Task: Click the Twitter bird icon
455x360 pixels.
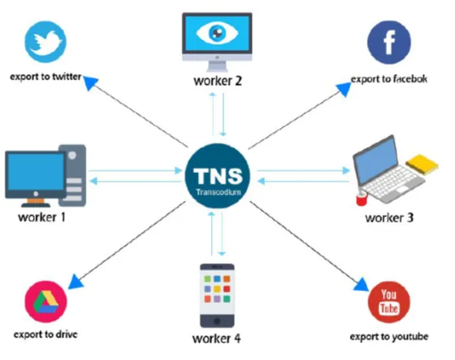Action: click(46, 42)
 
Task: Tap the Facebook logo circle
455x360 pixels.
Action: click(389, 42)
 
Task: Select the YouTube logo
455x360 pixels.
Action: click(389, 302)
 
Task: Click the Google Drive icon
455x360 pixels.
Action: click(46, 301)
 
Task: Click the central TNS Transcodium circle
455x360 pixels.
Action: click(218, 176)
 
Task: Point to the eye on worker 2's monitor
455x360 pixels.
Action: click(217, 32)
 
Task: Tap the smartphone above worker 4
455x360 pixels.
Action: click(217, 296)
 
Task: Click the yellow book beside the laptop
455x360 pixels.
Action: click(423, 165)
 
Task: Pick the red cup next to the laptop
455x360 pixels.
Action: click(362, 199)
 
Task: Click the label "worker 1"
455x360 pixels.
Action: click(42, 217)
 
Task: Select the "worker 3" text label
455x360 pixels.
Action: click(389, 218)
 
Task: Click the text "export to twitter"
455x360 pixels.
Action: click(46, 77)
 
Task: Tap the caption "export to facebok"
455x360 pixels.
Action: click(389, 79)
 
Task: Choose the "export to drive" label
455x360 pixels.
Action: click(46, 335)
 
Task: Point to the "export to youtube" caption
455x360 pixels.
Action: click(389, 337)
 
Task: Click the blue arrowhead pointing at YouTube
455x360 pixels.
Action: click(362, 284)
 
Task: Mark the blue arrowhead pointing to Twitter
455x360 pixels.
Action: click(90, 82)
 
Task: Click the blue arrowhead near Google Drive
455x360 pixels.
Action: click(76, 281)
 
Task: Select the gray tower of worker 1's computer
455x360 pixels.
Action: click(73, 175)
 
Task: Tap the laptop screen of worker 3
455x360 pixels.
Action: click(376, 159)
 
